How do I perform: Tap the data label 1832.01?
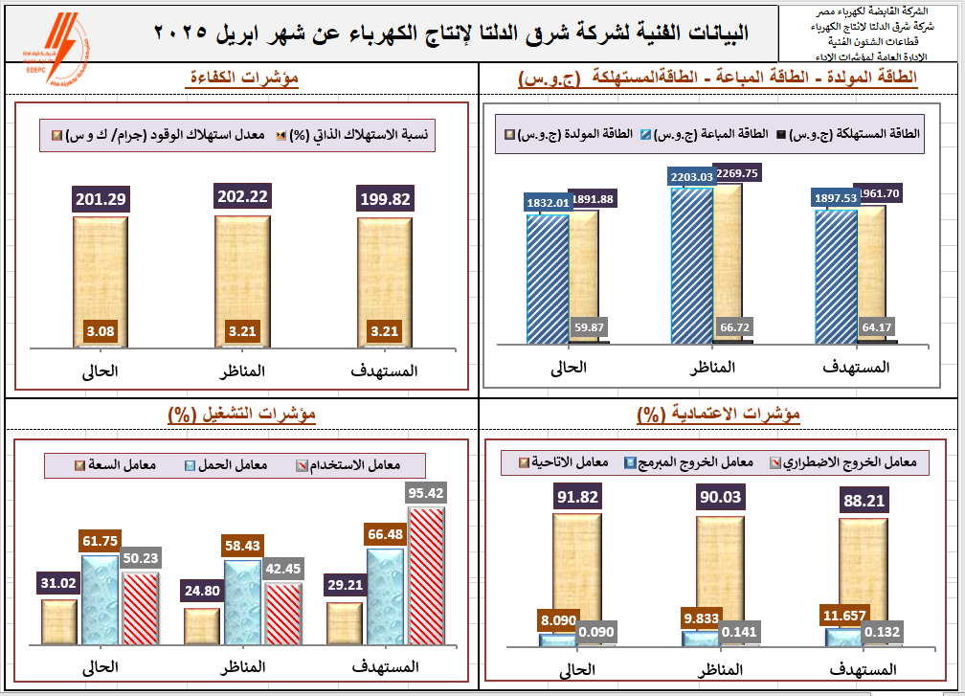click(x=549, y=202)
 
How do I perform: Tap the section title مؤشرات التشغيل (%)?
click(x=241, y=414)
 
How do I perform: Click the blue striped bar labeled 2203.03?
click(x=691, y=263)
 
